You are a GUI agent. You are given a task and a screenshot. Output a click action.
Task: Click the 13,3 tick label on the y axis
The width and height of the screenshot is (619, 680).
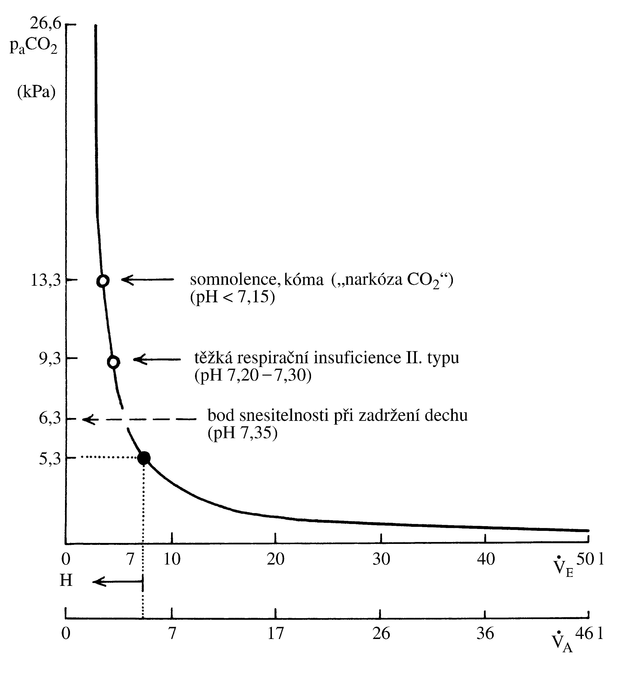tap(46, 280)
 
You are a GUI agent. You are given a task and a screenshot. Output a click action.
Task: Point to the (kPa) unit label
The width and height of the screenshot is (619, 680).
tap(36, 92)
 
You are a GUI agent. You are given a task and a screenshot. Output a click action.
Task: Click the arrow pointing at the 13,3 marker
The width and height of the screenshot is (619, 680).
tap(148, 279)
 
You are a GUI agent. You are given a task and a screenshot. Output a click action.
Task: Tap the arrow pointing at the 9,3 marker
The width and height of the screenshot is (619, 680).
tap(157, 359)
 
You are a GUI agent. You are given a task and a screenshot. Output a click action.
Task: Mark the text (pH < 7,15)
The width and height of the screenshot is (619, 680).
tap(233, 298)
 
